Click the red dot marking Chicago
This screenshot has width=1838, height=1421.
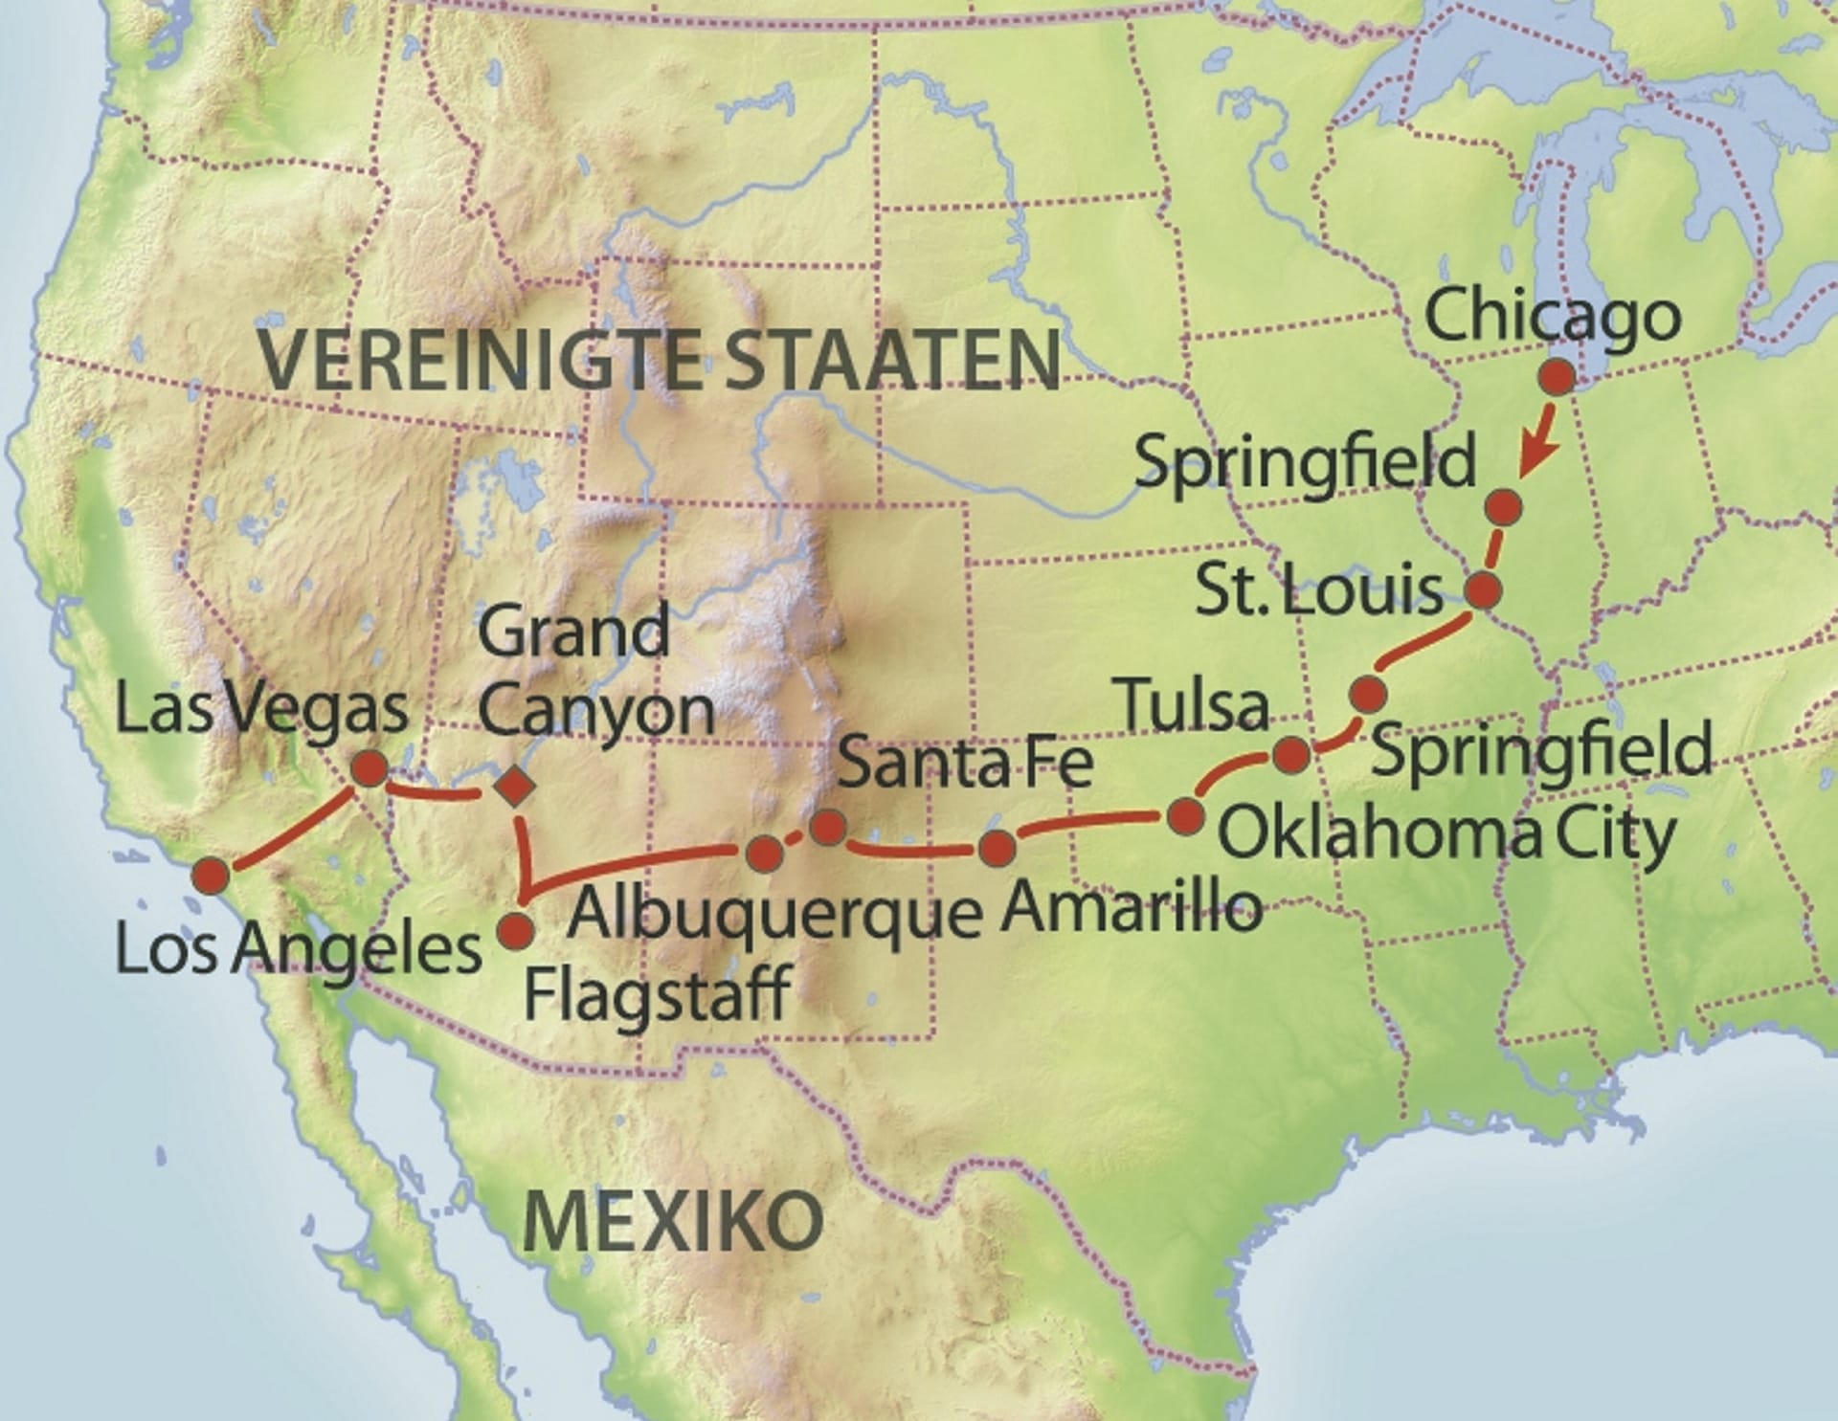tap(1557, 378)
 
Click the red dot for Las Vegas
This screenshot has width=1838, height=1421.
tap(370, 768)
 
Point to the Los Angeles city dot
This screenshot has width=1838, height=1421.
tap(211, 876)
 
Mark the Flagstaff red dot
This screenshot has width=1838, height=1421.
tap(516, 929)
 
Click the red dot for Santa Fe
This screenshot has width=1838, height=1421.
tap(827, 828)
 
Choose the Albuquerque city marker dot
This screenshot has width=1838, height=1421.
tap(763, 853)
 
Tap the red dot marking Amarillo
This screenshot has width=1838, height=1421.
tap(997, 848)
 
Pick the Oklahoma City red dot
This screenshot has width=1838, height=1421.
tap(1186, 817)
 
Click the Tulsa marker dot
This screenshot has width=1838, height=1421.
tap(1291, 755)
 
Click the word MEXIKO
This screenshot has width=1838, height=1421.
tap(673, 1220)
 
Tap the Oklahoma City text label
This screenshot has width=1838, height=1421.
tap(1446, 833)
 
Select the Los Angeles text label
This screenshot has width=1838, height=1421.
tap(297, 949)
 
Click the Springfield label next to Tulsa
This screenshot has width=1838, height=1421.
tap(1541, 749)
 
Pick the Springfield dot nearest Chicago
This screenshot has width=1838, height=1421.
tap(1505, 506)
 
